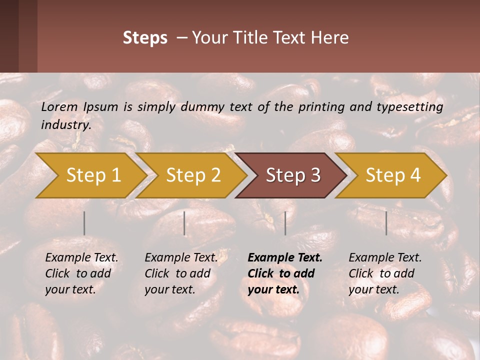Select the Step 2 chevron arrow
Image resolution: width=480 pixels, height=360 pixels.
point(193,175)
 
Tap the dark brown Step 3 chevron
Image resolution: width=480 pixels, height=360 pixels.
point(293,175)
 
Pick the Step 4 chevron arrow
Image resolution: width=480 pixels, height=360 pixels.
point(393,175)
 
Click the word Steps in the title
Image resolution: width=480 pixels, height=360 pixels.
point(145,38)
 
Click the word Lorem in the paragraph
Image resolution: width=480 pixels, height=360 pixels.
point(59,107)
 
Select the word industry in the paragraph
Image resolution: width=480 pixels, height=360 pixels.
point(65,125)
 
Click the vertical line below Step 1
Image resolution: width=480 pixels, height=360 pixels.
point(84,223)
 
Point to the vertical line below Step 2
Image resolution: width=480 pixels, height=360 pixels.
point(184,223)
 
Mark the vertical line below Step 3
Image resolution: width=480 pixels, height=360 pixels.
point(285,223)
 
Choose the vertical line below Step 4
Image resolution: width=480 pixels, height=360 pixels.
point(386,223)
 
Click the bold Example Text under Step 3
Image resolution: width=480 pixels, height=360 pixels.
point(285,258)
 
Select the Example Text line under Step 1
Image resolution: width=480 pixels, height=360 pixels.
point(81,258)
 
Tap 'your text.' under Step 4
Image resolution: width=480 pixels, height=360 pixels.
point(373,289)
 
